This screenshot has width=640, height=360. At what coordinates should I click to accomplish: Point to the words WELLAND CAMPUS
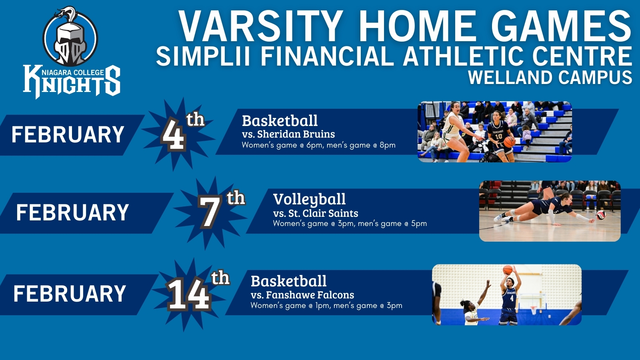click(550, 77)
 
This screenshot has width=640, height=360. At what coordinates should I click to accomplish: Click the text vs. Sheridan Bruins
click(288, 134)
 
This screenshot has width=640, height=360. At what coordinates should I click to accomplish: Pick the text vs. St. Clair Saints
click(316, 213)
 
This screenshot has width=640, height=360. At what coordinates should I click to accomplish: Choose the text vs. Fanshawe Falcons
click(302, 295)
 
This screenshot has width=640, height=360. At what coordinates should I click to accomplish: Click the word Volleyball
click(309, 199)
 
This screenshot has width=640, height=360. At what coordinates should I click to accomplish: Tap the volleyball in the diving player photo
click(601, 215)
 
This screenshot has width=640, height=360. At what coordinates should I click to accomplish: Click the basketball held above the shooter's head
click(508, 270)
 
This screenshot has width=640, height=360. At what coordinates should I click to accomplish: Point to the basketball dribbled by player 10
click(509, 142)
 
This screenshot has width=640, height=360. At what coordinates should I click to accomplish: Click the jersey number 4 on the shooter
click(512, 298)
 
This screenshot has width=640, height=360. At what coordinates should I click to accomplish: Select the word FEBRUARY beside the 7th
click(72, 212)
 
